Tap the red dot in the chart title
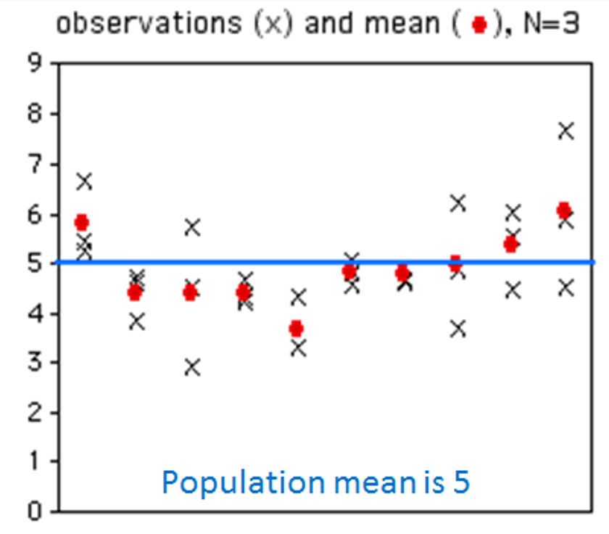coord(478,25)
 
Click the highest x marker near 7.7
coord(565,131)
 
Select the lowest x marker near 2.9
coord(192,367)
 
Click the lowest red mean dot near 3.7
coord(296,329)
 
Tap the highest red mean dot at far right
coord(563,210)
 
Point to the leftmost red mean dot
coord(82,222)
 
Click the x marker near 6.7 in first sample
coord(84,181)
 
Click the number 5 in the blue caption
coord(462,482)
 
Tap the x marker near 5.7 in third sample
coord(192,228)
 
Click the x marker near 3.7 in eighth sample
coord(457,329)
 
